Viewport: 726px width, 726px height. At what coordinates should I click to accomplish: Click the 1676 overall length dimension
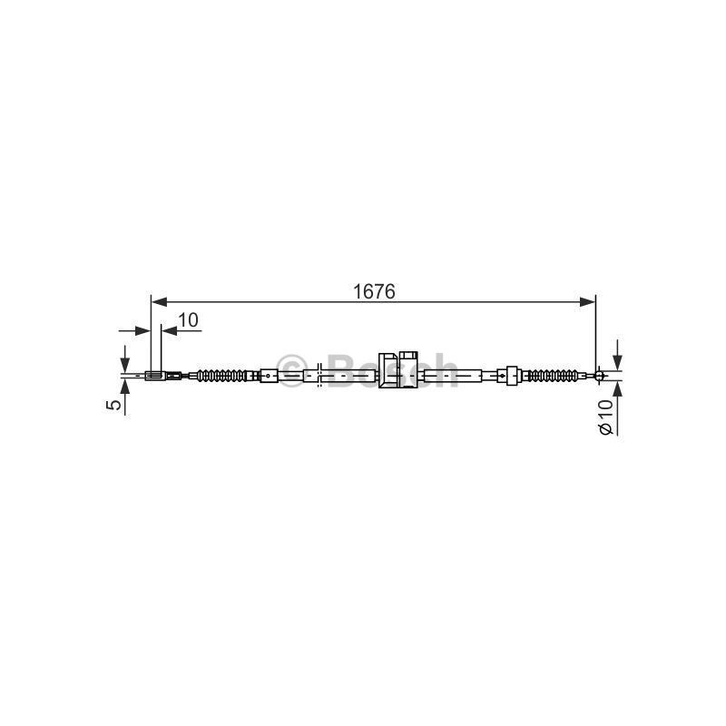pyautogui.click(x=374, y=291)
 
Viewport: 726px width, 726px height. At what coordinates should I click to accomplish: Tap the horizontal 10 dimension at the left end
pyautogui.click(x=188, y=320)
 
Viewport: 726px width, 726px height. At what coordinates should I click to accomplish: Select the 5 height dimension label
pyautogui.click(x=113, y=404)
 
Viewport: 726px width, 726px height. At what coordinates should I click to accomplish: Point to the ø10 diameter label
pyautogui.click(x=605, y=417)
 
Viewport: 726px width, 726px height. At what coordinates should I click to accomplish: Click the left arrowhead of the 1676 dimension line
pyautogui.click(x=160, y=302)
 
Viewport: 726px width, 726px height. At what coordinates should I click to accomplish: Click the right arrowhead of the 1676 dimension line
pyautogui.click(x=587, y=302)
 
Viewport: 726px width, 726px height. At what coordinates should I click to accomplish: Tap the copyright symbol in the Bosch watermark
pyautogui.click(x=291, y=371)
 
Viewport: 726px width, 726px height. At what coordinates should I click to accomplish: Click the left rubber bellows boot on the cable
pyautogui.click(x=221, y=376)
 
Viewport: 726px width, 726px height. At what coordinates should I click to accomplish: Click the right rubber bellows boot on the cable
pyautogui.click(x=553, y=375)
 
